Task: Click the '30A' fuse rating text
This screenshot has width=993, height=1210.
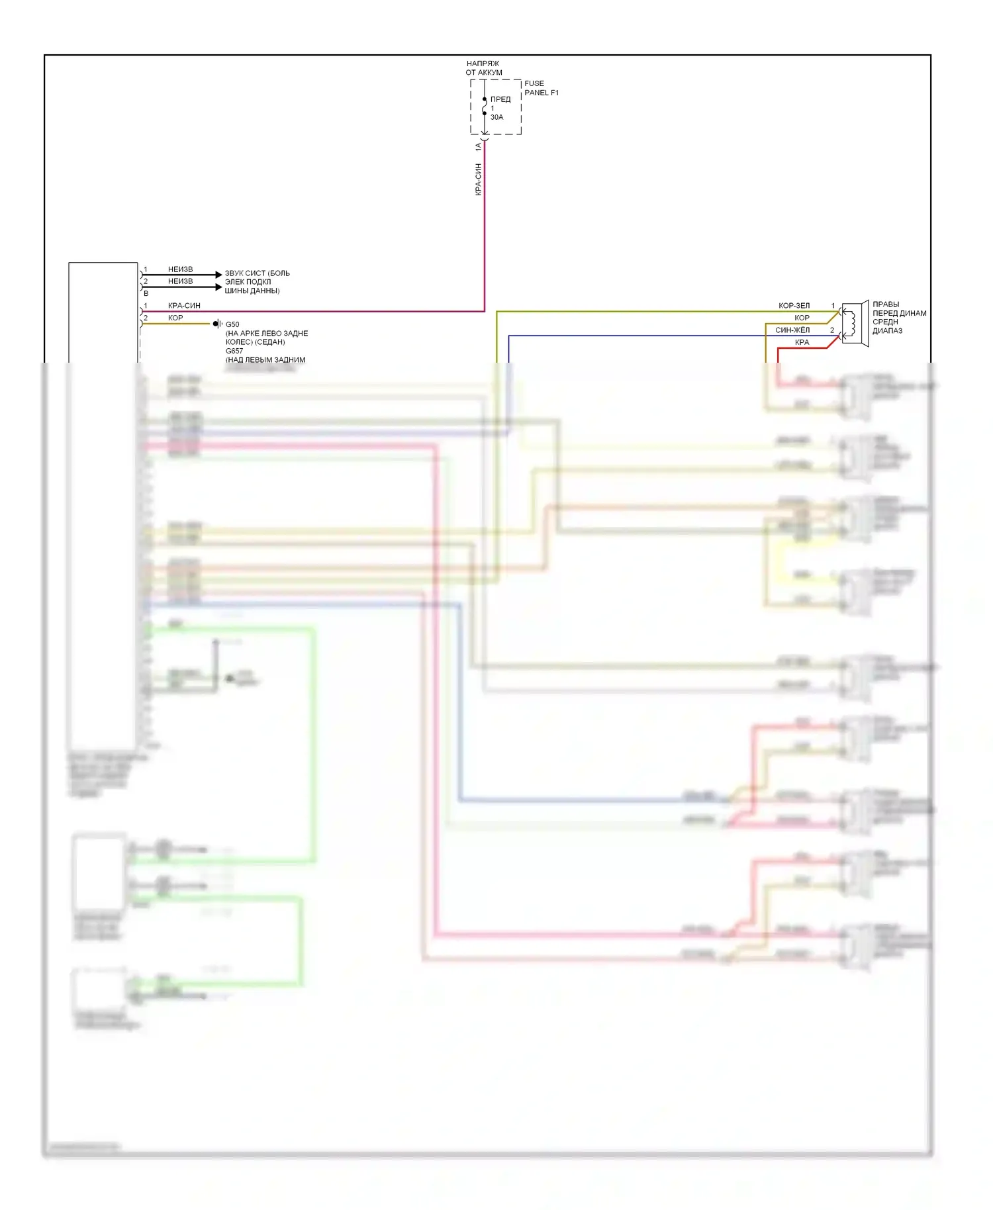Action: [496, 117]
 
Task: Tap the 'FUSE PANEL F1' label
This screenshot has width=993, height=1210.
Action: [541, 88]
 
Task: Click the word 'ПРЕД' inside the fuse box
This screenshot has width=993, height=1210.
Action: [500, 99]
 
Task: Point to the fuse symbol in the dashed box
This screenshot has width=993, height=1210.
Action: [485, 107]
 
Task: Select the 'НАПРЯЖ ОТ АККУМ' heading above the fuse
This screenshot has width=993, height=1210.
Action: [483, 68]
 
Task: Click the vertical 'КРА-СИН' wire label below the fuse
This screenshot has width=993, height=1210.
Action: [478, 179]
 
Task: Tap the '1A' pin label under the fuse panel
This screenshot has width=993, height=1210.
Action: [478, 147]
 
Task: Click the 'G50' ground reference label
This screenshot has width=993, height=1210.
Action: [232, 324]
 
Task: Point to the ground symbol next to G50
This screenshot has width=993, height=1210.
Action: [217, 324]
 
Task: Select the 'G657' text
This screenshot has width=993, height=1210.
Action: [234, 351]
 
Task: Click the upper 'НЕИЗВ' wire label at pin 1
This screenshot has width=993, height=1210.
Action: [180, 269]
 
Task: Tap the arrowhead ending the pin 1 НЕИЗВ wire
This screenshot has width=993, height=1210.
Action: [218, 274]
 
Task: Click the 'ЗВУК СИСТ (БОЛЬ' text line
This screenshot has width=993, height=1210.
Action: [257, 273]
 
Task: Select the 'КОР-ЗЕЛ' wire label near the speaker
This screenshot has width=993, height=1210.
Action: [794, 306]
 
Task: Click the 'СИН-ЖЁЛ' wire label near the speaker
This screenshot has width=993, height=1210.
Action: [792, 330]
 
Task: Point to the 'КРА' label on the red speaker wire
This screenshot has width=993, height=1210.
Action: [802, 342]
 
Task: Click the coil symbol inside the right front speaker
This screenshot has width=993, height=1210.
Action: [853, 323]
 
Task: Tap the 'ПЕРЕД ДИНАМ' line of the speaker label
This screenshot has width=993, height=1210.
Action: [899, 313]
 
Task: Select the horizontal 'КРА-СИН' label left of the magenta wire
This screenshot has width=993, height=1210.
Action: [184, 306]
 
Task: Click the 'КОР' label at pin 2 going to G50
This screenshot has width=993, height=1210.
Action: [175, 318]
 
